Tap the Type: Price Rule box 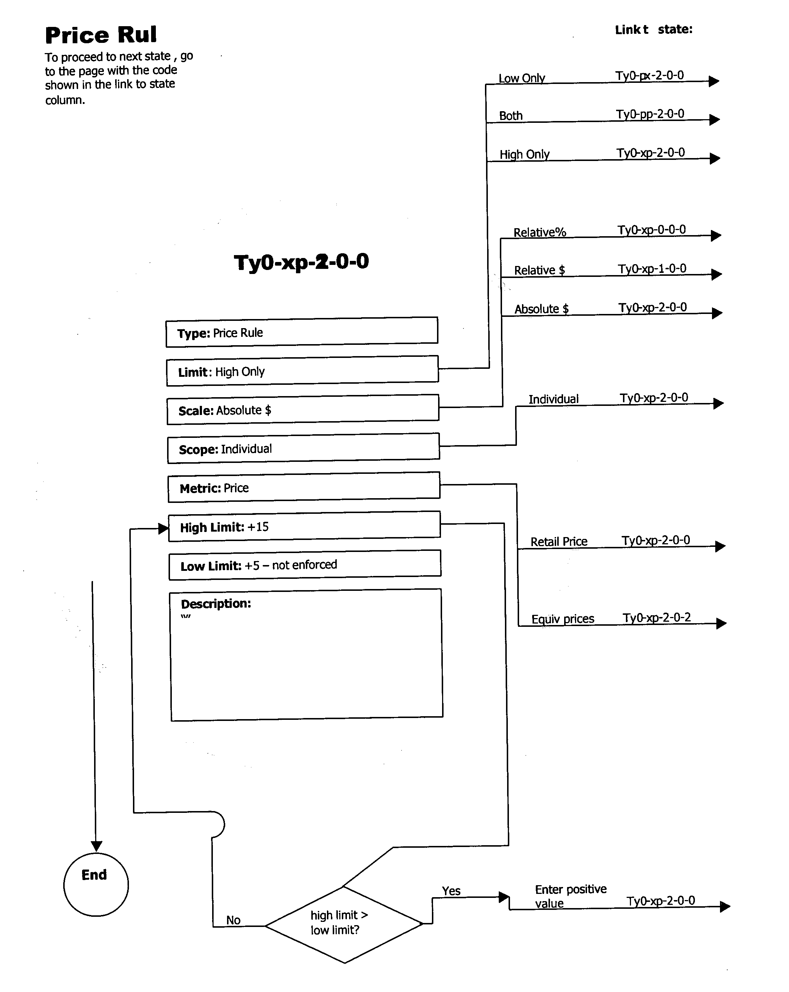pyautogui.click(x=302, y=332)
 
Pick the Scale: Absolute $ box pyautogui.click(x=302, y=410)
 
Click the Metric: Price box pyautogui.click(x=303, y=487)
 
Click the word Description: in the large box pyautogui.click(x=216, y=603)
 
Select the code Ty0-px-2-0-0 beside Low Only pyautogui.click(x=649, y=76)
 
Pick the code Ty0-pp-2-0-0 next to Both pyautogui.click(x=650, y=114)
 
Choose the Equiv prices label pyautogui.click(x=562, y=619)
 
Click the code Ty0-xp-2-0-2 pyautogui.click(x=656, y=617)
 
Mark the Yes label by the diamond pyautogui.click(x=451, y=891)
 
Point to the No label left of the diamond pyautogui.click(x=233, y=920)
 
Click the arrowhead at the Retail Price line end pyautogui.click(x=720, y=546)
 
